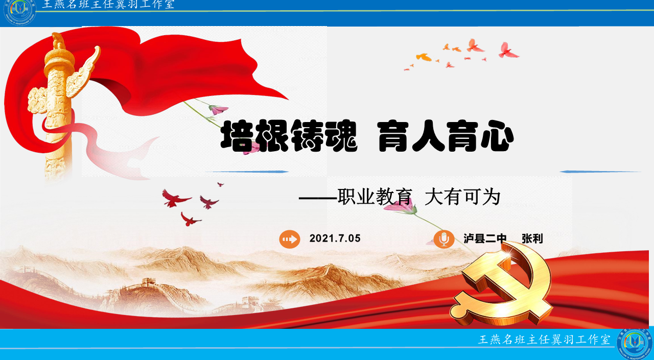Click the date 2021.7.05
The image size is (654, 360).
[x=335, y=238]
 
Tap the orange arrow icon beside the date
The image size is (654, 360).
[x=290, y=239]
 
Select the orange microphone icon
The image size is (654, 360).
[x=444, y=239]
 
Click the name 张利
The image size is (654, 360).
[x=532, y=238]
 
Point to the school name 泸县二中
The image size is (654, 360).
[x=485, y=238]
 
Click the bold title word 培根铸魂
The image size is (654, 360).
[x=289, y=136]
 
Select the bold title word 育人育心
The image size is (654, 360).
[x=446, y=136]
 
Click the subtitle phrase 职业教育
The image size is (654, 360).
[x=375, y=197]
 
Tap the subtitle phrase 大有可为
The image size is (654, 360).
[x=463, y=197]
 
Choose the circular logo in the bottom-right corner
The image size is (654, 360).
[x=635, y=344]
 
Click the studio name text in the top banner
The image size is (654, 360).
[x=108, y=5]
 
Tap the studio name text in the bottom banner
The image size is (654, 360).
[x=544, y=340]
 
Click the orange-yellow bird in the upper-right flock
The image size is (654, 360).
[x=424, y=57]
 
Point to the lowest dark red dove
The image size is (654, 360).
[x=190, y=220]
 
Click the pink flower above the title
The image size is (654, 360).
[x=218, y=109]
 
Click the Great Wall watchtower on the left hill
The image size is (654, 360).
[x=148, y=282]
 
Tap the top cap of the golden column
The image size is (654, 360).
[x=59, y=41]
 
